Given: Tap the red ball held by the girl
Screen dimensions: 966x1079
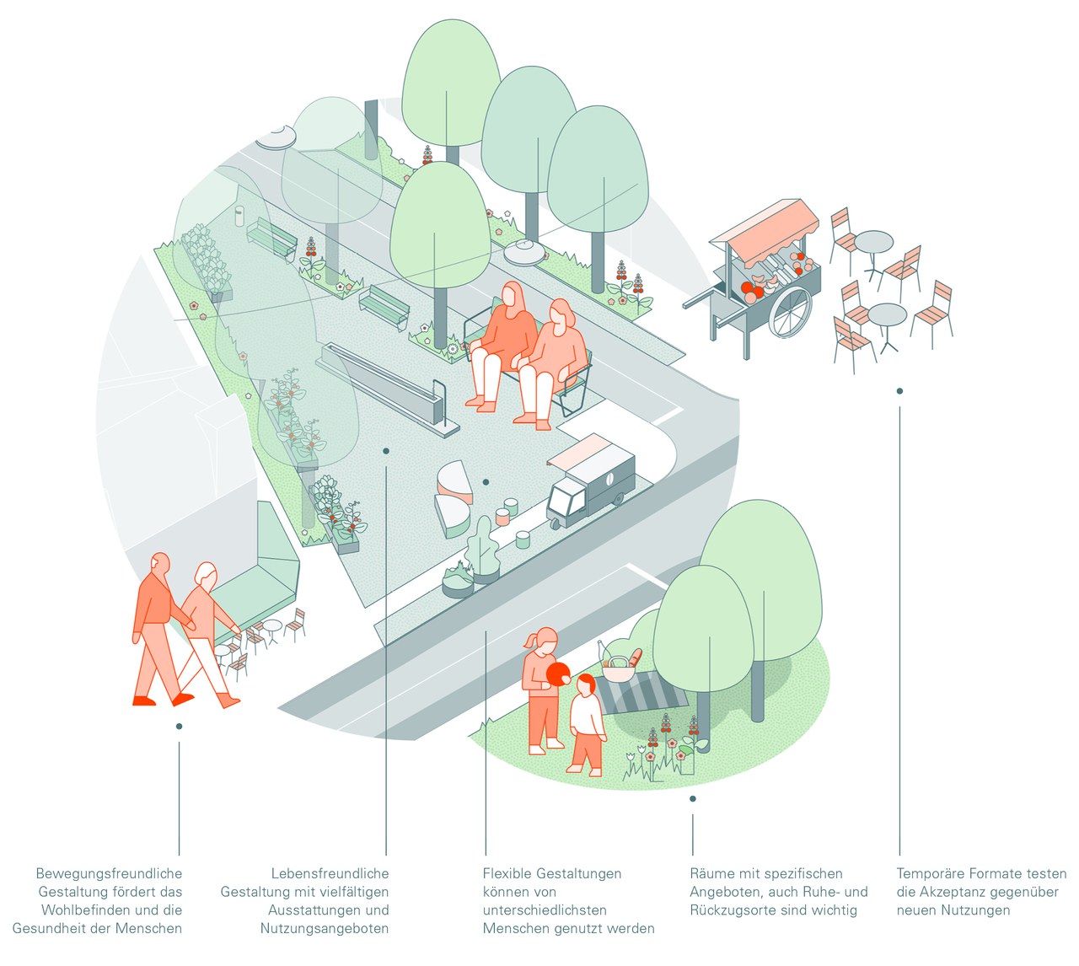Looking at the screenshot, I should pyautogui.click(x=559, y=675).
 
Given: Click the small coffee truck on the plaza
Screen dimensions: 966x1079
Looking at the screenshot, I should pyautogui.click(x=590, y=483).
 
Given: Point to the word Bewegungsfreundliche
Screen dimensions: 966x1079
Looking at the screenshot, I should pyautogui.click(x=109, y=874).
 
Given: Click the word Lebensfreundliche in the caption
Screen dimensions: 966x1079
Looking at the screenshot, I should pyautogui.click(x=330, y=874).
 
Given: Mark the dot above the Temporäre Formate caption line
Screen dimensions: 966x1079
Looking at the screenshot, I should pyautogui.click(x=899, y=391).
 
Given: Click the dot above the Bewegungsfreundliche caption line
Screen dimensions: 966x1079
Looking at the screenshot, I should pyautogui.click(x=179, y=726).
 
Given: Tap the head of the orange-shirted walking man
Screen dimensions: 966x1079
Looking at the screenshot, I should pyautogui.click(x=159, y=563).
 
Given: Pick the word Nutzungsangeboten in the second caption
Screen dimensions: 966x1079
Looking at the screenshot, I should pyautogui.click(x=325, y=929).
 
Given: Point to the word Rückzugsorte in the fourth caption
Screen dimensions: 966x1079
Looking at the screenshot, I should pyautogui.click(x=733, y=910).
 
